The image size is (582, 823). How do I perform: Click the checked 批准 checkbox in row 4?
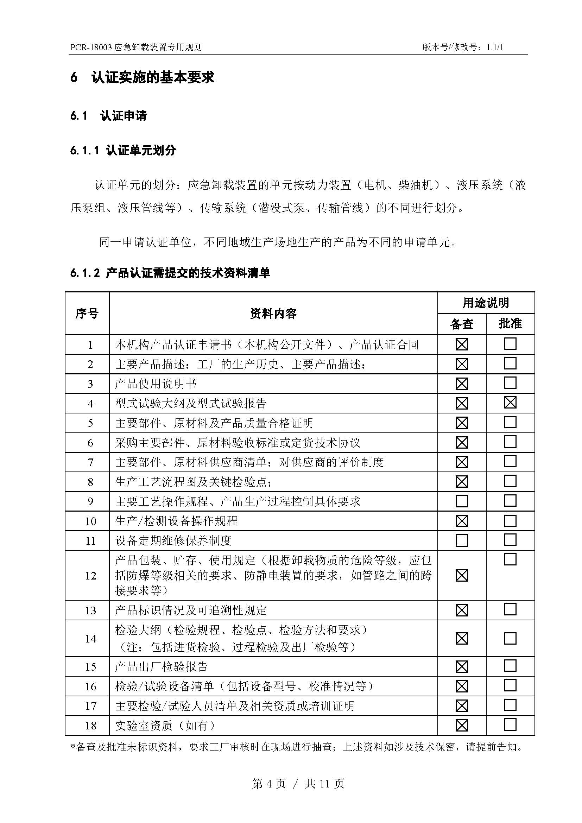510,403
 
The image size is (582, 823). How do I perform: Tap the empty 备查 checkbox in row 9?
462,501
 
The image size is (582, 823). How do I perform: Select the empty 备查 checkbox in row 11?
462,540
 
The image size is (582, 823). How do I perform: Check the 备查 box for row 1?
462,344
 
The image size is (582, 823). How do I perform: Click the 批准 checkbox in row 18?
510,724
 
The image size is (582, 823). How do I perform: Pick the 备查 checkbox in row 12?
462,575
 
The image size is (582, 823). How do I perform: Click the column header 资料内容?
273,314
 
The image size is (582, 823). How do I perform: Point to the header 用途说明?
486,303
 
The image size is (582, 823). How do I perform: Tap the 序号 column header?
87,314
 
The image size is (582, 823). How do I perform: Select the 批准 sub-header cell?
510,324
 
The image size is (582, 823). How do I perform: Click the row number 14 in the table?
91,638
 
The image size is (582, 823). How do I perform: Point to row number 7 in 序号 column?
91,462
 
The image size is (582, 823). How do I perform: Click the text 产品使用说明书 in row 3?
156,384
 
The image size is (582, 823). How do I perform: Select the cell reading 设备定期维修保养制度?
173,540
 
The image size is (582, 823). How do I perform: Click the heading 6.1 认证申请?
109,116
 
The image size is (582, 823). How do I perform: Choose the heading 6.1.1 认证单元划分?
123,151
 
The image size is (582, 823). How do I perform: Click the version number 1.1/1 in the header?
495,47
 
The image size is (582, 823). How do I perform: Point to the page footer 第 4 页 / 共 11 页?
298,784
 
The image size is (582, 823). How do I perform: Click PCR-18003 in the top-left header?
91,47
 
